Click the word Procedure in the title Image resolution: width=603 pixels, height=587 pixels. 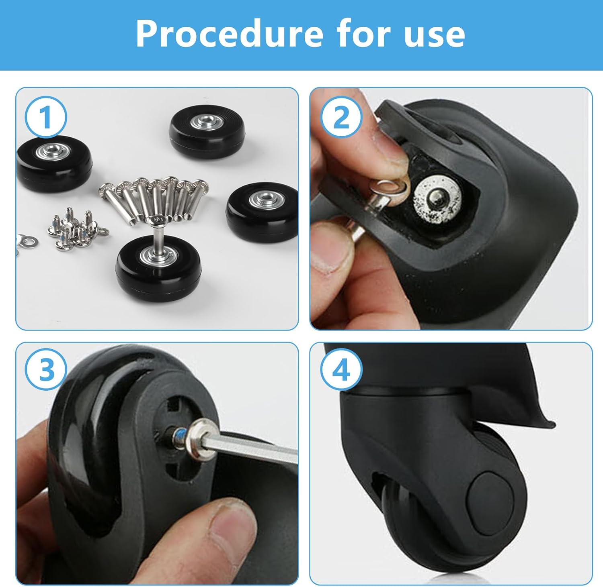click(229, 34)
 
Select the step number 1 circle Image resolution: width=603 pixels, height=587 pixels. click(45, 117)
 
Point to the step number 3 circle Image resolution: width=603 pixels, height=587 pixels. click(45, 369)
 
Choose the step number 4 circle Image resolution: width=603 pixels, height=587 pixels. click(342, 369)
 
